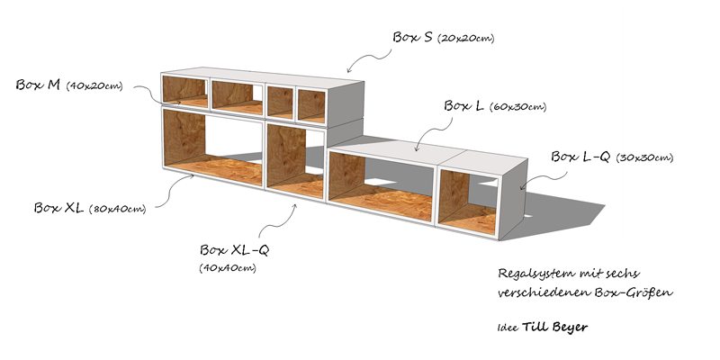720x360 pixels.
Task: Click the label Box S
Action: tap(413, 37)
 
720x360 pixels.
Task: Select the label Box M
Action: tap(38, 85)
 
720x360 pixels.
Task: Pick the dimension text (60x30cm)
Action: tap(517, 108)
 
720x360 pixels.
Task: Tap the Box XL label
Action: tap(58, 207)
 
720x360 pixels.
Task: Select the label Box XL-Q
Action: tap(234, 249)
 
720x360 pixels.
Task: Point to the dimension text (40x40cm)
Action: tap(228, 268)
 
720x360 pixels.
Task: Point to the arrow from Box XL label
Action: tap(181, 188)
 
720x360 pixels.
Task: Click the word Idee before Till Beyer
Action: tap(507, 328)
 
